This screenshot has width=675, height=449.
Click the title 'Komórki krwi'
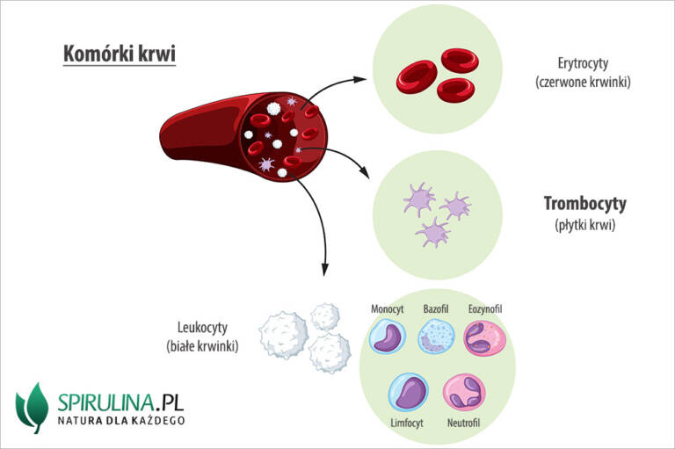pyautogui.click(x=120, y=54)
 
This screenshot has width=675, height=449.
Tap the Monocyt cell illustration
pyautogui.click(x=386, y=337)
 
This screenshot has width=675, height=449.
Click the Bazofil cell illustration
pyautogui.click(x=435, y=337)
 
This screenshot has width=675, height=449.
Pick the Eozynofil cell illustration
pyautogui.click(x=485, y=338)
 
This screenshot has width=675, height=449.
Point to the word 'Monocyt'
pyautogui.click(x=387, y=309)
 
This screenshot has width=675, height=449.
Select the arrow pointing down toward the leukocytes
pyautogui.click(x=323, y=237)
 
